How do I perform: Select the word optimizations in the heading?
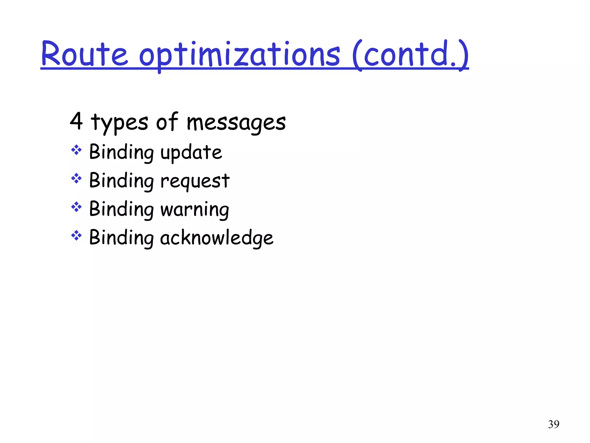click(x=240, y=55)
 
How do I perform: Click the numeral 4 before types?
click(x=76, y=121)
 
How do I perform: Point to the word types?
click(x=119, y=123)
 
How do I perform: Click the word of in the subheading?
click(x=167, y=121)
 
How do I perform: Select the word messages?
click(x=236, y=123)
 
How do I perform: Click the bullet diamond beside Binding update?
click(x=76, y=150)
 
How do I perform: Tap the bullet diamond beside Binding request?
click(x=76, y=178)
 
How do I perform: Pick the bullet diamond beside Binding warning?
click(x=76, y=207)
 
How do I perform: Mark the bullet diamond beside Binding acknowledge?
click(x=76, y=235)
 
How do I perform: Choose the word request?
click(x=195, y=181)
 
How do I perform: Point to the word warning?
click(x=195, y=209)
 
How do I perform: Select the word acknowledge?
click(x=217, y=238)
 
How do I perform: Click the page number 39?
click(x=553, y=424)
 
